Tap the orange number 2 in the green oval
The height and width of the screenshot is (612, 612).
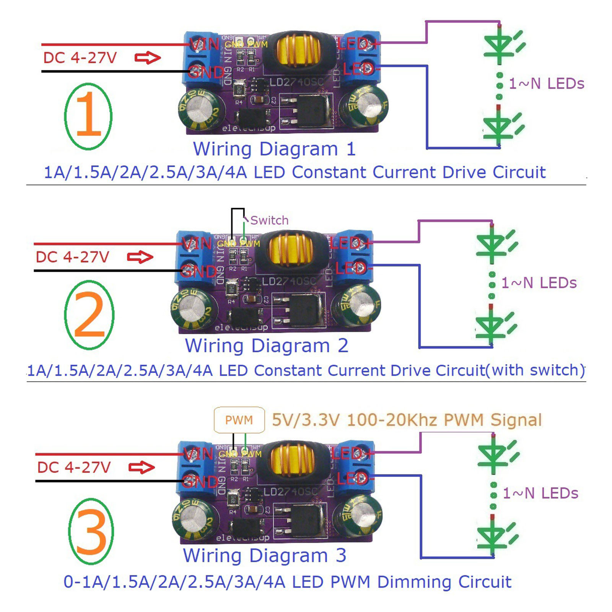click(90, 315)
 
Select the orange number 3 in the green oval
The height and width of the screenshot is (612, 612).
click(91, 532)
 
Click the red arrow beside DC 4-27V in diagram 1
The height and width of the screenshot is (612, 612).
click(148, 58)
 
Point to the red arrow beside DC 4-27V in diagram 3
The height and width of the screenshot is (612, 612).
click(142, 467)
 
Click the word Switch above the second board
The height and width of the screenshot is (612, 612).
click(269, 220)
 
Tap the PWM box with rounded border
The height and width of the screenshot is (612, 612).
click(239, 420)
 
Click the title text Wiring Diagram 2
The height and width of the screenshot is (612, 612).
click(267, 346)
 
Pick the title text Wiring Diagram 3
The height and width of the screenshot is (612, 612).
click(264, 555)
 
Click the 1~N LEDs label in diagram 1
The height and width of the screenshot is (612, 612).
click(546, 84)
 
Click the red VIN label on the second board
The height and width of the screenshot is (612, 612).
click(197, 243)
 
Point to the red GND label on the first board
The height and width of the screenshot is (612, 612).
click(207, 72)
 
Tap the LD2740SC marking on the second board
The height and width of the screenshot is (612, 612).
click(289, 282)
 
